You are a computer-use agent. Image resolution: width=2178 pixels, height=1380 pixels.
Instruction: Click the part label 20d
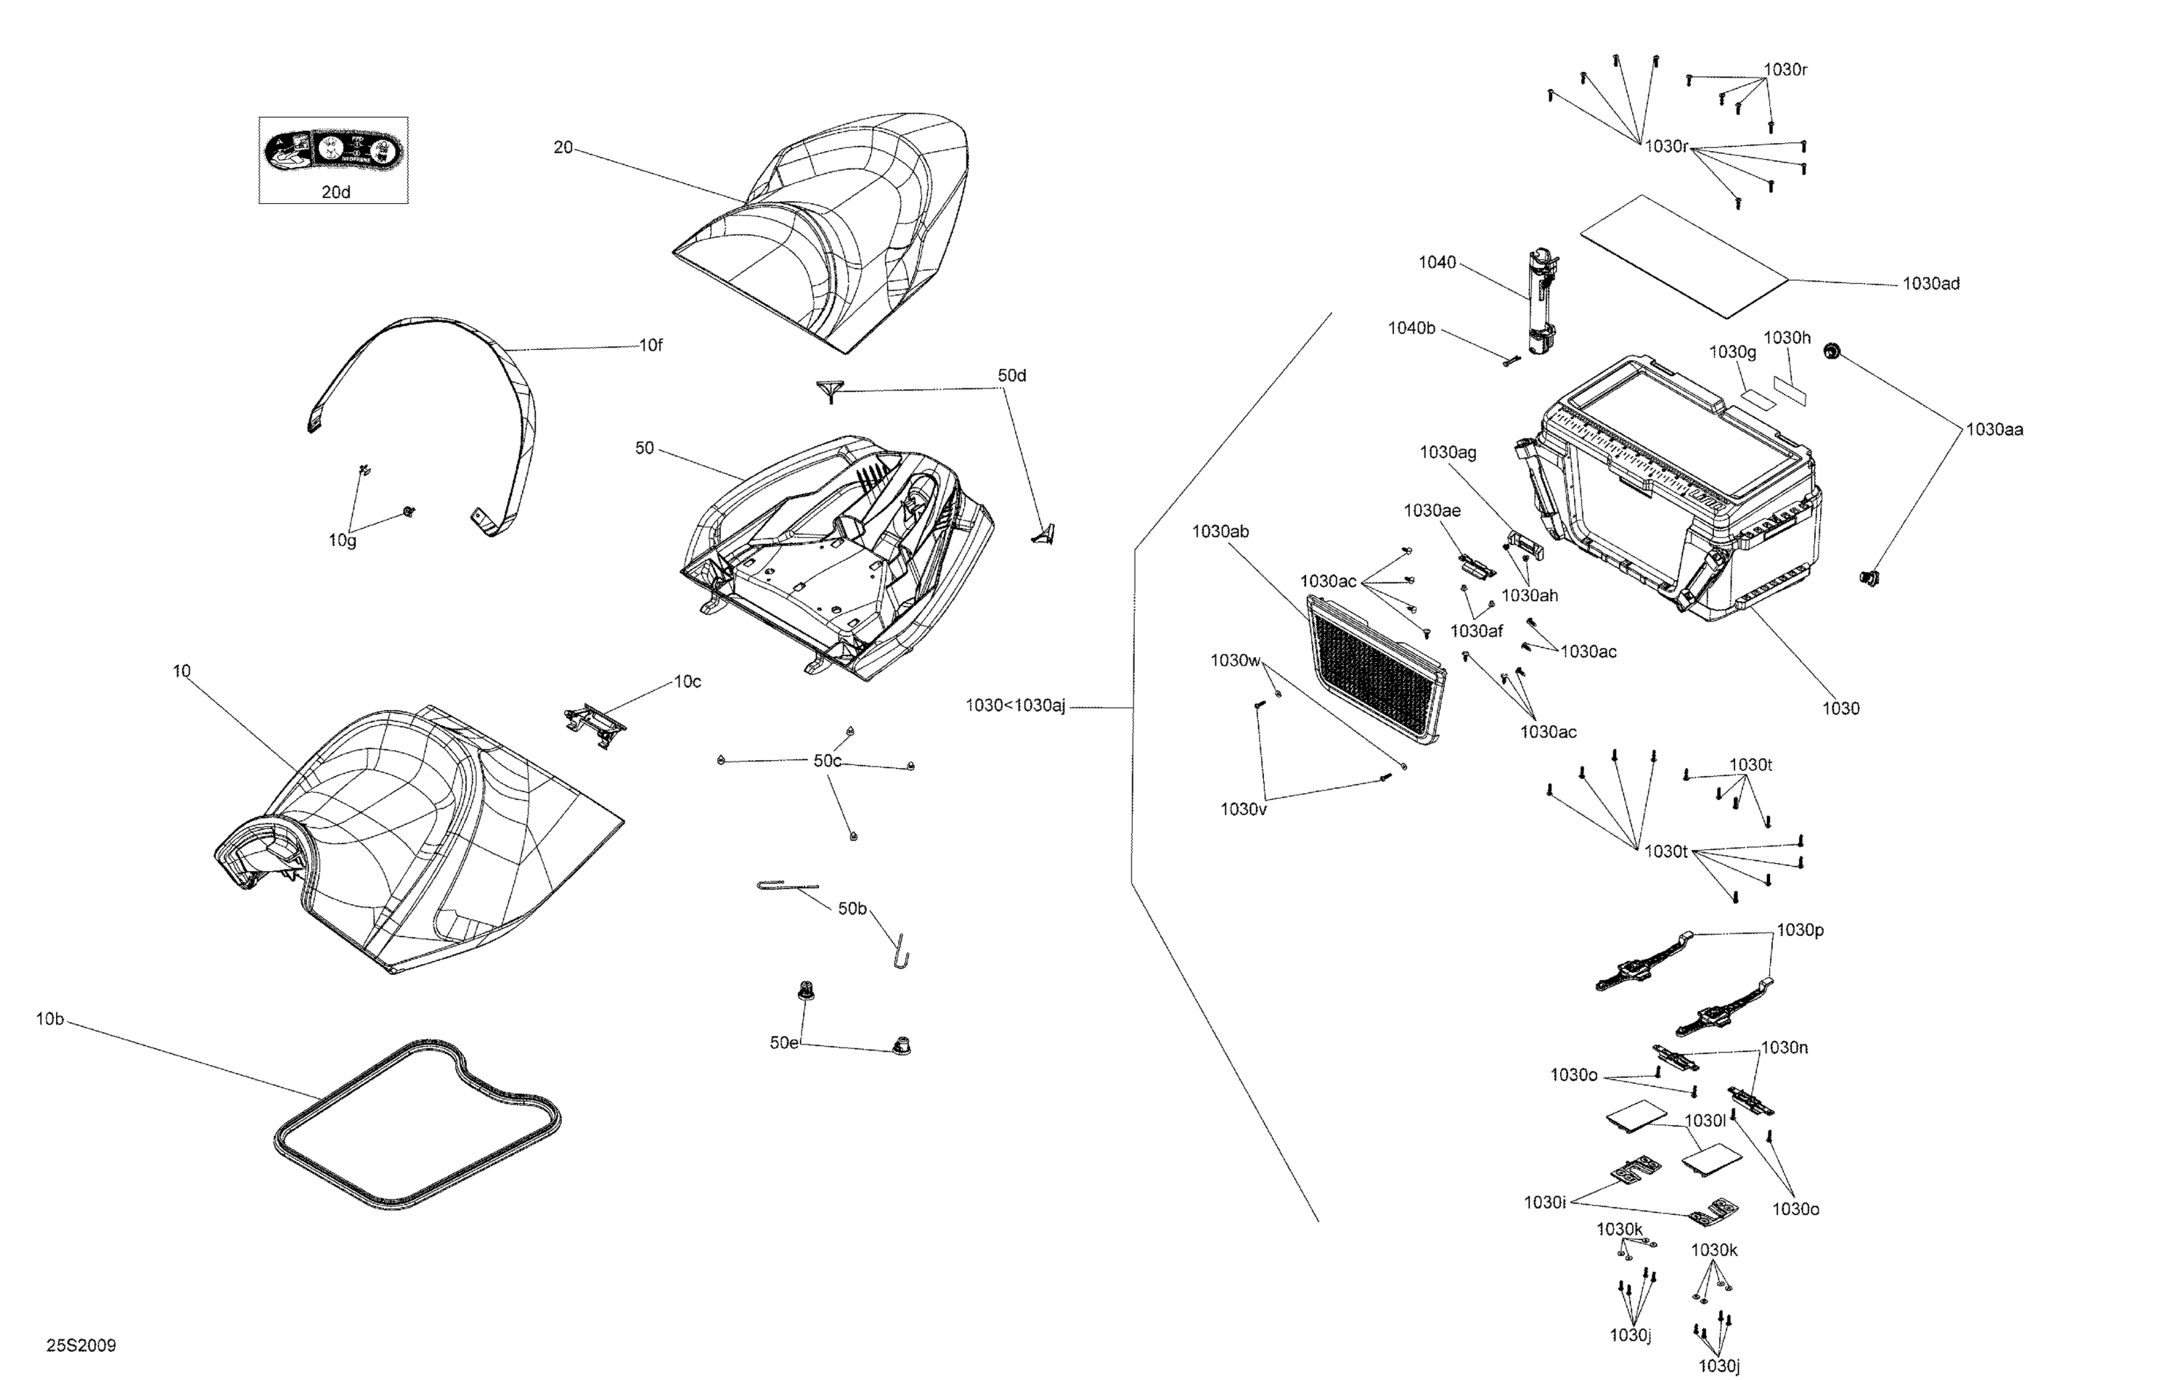pos(335,192)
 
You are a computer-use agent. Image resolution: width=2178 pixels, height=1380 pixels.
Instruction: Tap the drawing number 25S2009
pos(81,1346)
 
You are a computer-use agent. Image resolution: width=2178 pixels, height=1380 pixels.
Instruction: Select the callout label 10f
pos(650,345)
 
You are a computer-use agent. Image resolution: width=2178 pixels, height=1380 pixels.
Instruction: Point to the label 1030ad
pos(1930,284)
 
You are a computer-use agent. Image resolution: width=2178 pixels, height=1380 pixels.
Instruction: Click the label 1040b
pos(1411,328)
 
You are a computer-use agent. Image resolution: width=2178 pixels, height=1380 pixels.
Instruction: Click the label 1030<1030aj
pos(1015,706)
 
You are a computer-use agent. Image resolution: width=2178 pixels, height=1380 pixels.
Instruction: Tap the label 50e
pos(784,1042)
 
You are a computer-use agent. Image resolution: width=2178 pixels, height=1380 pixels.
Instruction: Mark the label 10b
pos(50,1019)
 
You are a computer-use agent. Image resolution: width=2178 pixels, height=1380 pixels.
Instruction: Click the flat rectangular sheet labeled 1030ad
pos(1684,255)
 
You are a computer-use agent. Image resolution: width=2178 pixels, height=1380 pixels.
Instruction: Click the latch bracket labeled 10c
pos(595,722)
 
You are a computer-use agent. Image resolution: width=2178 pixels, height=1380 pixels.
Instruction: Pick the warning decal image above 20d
pos(333,150)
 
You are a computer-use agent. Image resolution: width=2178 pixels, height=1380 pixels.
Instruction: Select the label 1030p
pos(1800,930)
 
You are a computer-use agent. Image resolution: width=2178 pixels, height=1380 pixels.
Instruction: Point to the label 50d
pos(1011,375)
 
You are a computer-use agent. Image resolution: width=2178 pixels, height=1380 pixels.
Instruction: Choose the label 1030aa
pos(1994,430)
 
